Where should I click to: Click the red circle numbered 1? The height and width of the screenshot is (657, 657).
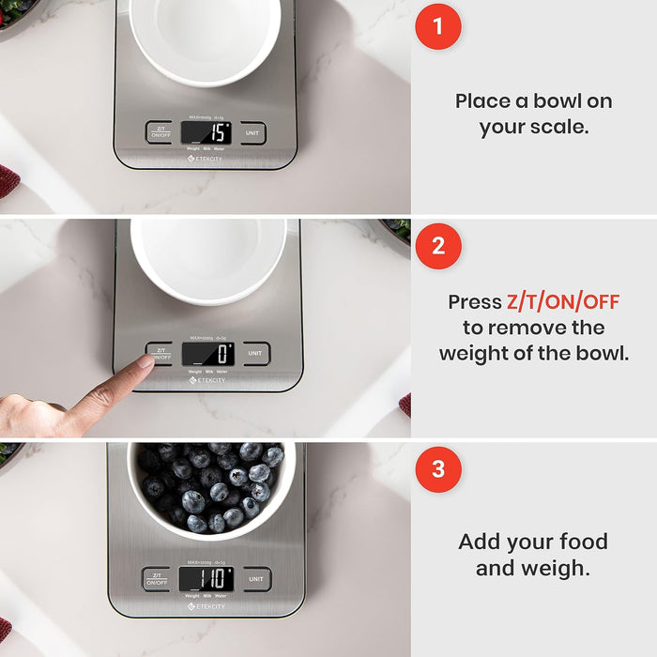438,26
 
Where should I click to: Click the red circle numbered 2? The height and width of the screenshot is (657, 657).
438,247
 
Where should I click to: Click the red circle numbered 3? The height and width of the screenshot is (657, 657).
438,470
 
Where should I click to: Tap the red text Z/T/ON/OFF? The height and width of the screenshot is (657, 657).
563,302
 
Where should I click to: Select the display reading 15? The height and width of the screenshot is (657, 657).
206,132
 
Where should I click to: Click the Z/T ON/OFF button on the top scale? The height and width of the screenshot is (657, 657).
159,132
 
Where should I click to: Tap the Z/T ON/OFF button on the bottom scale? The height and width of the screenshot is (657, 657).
157,579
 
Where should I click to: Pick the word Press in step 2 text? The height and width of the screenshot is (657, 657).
475,302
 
